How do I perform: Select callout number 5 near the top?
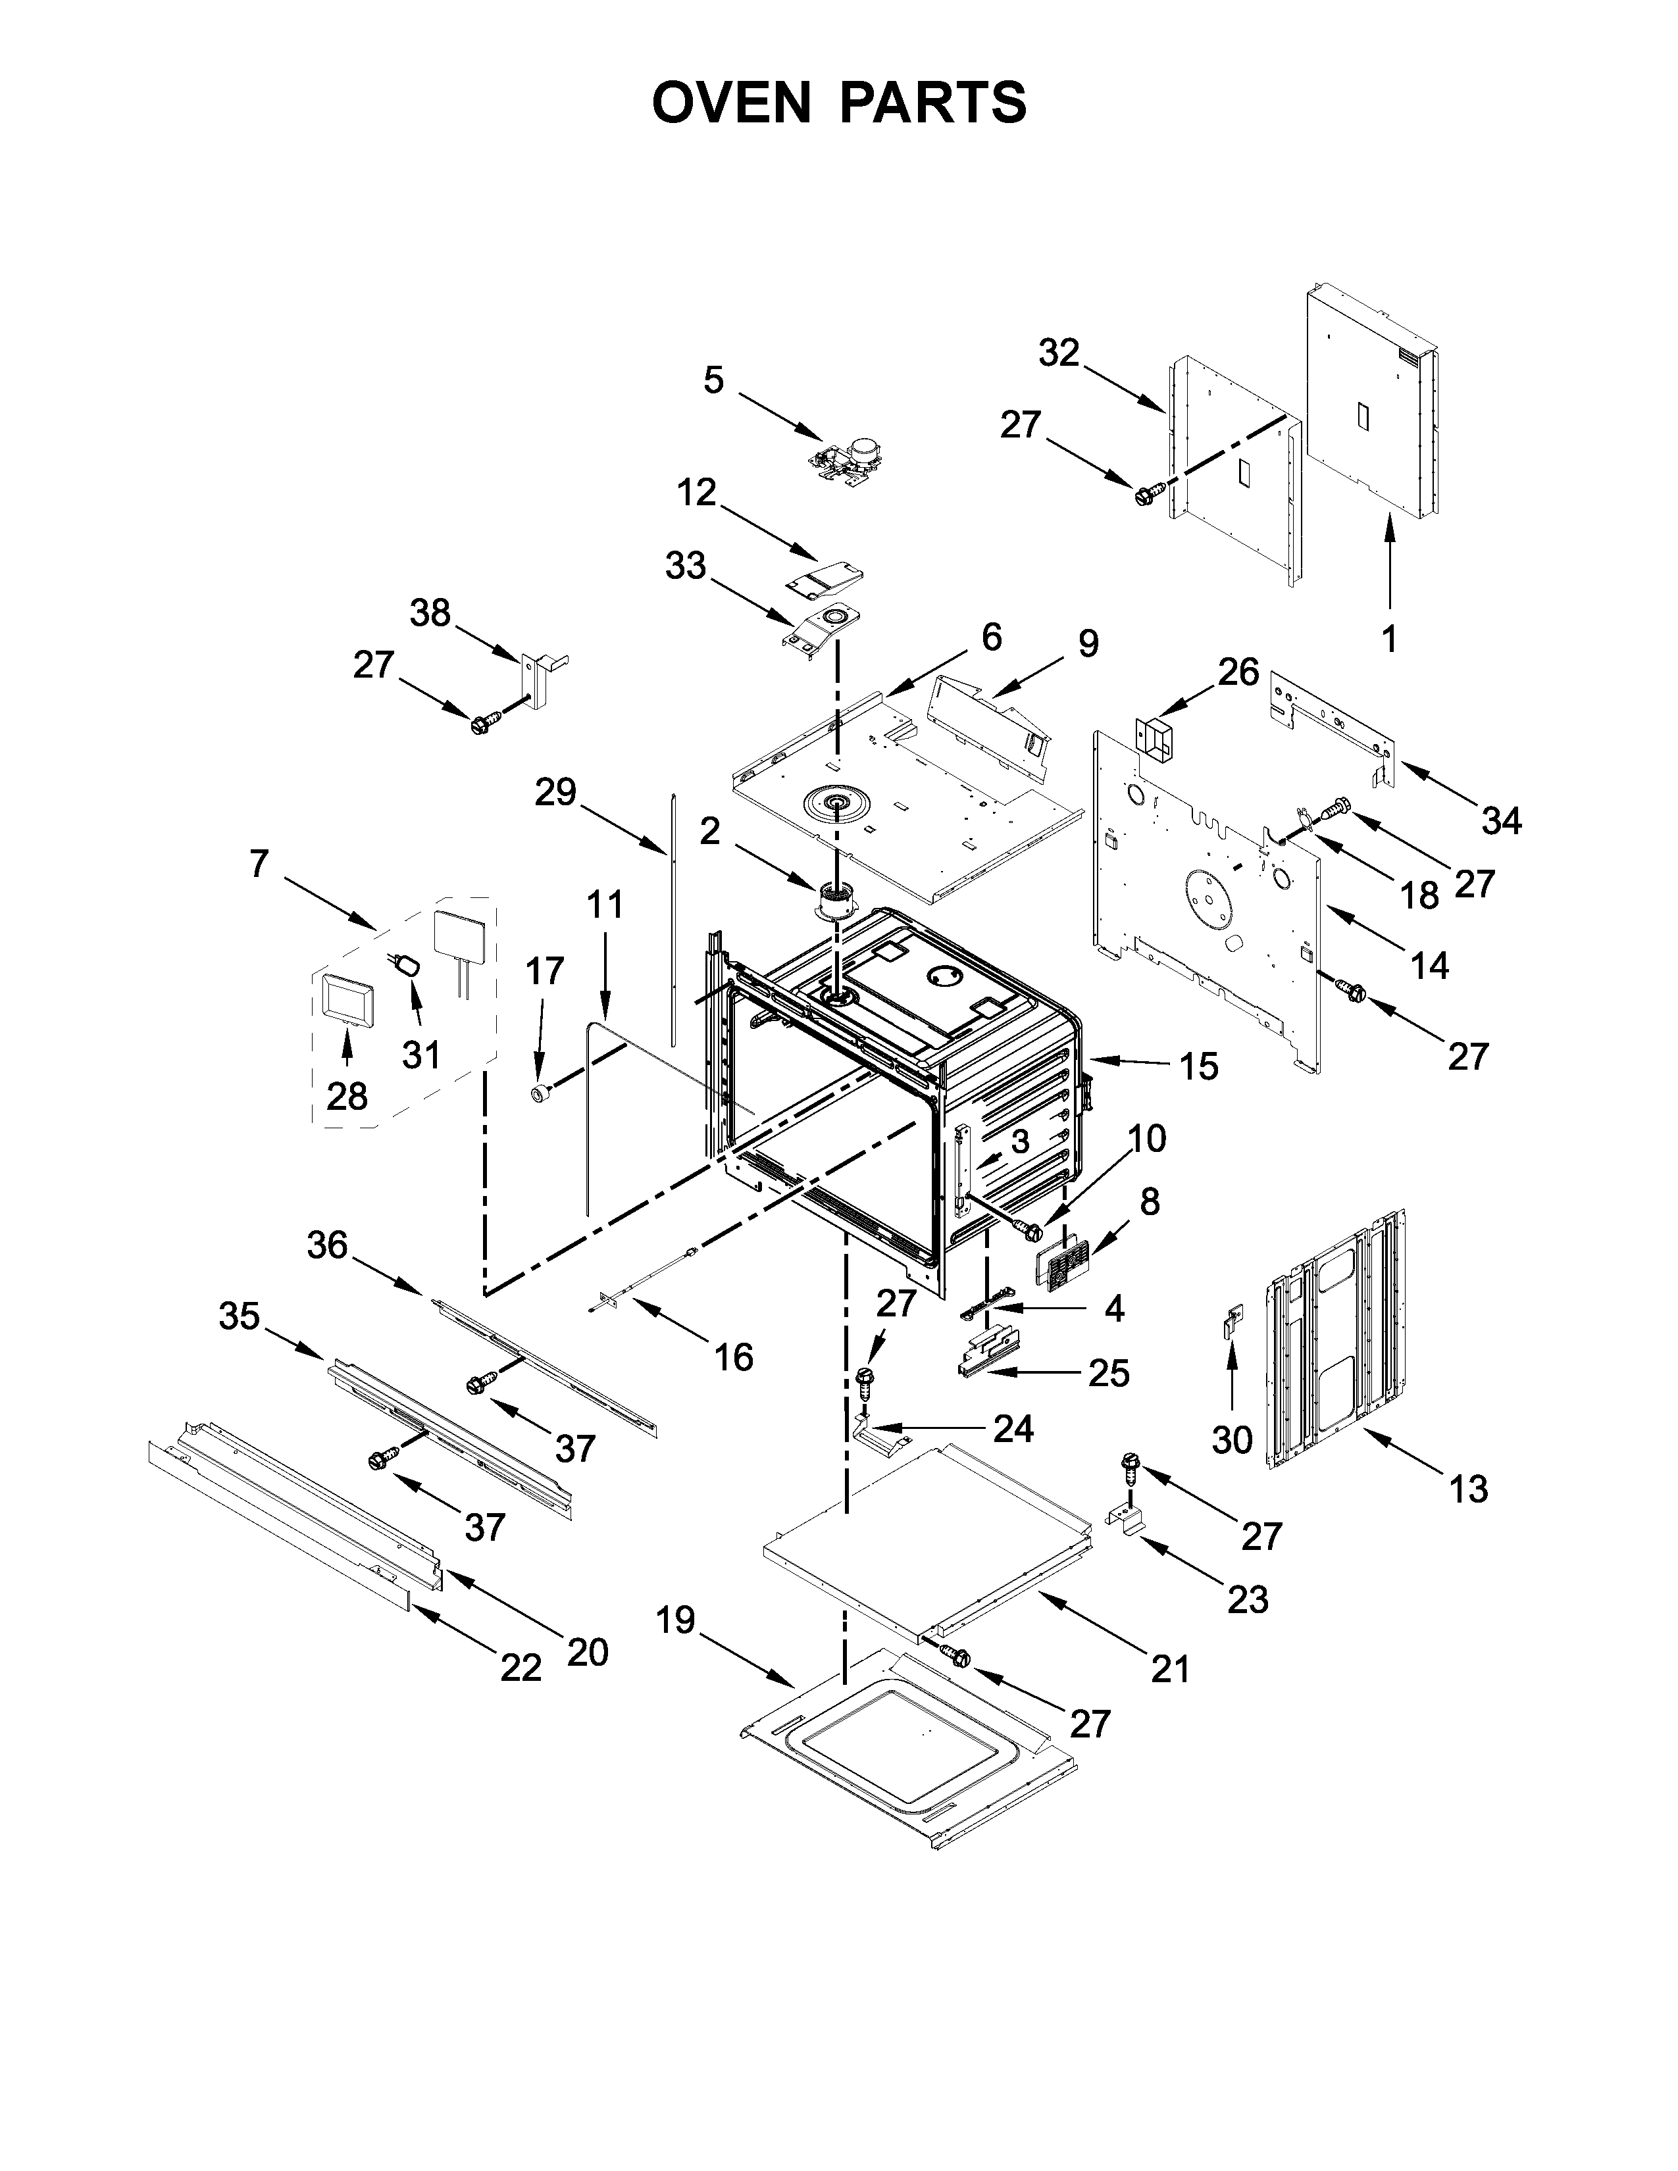click(714, 380)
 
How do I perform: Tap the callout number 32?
click(1059, 352)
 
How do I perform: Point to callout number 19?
click(676, 1620)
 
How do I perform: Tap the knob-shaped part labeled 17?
click(541, 1093)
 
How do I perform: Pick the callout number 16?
click(734, 1356)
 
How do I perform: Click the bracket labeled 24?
click(880, 1434)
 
